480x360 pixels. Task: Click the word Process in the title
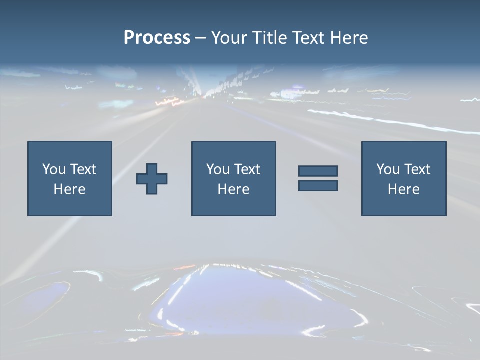coord(157,38)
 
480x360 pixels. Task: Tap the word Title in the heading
coord(267,38)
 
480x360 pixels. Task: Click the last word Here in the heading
coord(349,38)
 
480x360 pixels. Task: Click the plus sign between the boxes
coord(152,179)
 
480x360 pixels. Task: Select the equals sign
coord(318,178)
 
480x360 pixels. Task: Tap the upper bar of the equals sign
coord(318,171)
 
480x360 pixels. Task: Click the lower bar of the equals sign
coord(318,185)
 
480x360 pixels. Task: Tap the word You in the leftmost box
coord(53,169)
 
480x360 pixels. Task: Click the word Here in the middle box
coord(234,189)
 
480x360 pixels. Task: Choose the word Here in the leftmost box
coord(70,189)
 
